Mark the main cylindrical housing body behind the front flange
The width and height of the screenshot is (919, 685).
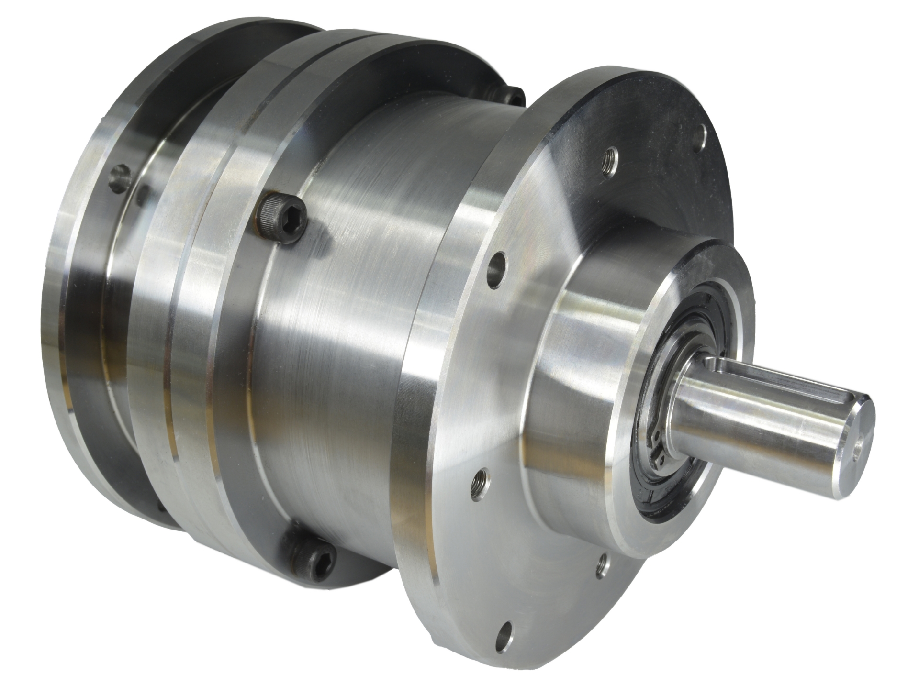coord(364,335)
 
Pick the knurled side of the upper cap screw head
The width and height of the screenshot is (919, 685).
coord(268,215)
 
